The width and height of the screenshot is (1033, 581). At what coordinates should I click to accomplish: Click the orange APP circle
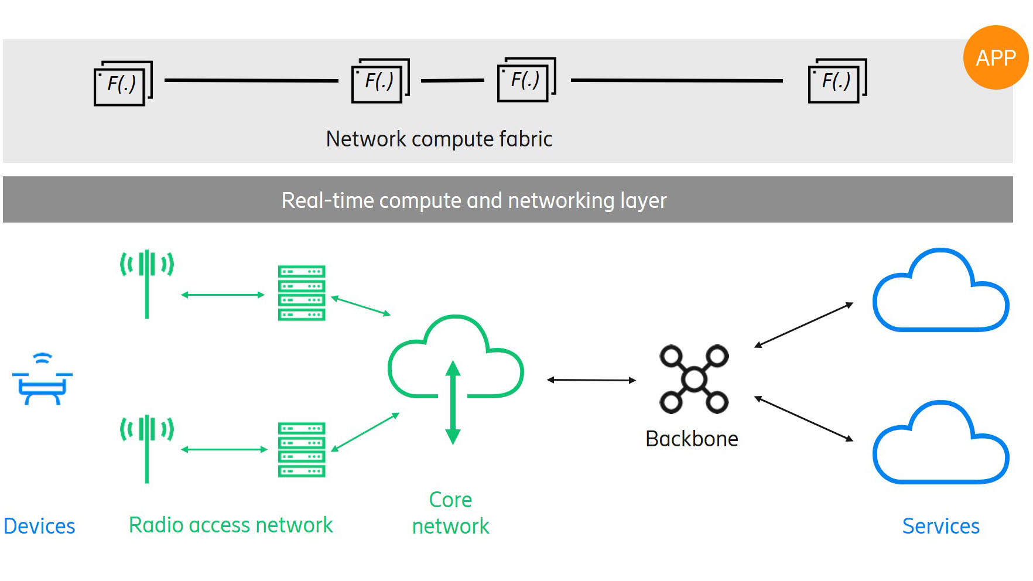pyautogui.click(x=995, y=57)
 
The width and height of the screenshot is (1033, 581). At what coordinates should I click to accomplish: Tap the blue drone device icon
pyautogui.click(x=42, y=381)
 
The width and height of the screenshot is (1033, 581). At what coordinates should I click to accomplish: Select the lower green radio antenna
pyautogui.click(x=146, y=448)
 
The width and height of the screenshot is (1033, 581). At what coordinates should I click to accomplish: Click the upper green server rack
pyautogui.click(x=301, y=293)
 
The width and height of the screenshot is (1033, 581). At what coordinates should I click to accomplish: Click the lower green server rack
pyautogui.click(x=301, y=449)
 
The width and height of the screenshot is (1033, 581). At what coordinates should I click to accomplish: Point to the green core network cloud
pyautogui.click(x=456, y=363)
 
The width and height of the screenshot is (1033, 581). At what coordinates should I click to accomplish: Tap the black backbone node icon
pyautogui.click(x=694, y=379)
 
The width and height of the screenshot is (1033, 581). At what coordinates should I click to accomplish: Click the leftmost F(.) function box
pyautogui.click(x=122, y=84)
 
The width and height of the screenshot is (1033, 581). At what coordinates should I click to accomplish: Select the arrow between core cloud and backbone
pyautogui.click(x=591, y=380)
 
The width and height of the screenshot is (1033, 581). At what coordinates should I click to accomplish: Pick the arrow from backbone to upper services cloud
pyautogui.click(x=803, y=325)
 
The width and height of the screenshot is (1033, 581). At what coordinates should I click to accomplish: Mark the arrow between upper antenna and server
pyautogui.click(x=223, y=295)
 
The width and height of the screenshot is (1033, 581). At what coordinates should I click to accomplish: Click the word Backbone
pyautogui.click(x=692, y=439)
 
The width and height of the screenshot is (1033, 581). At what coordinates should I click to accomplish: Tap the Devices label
pyautogui.click(x=39, y=526)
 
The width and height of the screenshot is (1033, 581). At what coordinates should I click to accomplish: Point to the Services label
pyautogui.click(x=940, y=526)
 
